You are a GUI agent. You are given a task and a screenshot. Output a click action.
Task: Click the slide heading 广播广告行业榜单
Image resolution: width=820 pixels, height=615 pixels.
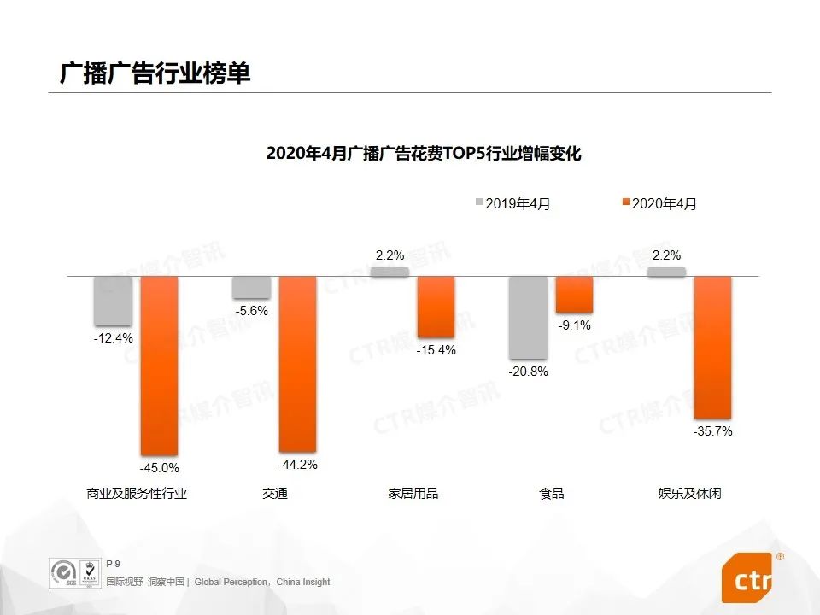(155, 73)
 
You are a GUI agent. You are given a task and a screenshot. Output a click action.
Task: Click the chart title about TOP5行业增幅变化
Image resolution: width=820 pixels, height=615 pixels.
(423, 154)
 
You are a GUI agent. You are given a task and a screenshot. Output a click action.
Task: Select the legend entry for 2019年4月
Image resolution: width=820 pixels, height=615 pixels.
(512, 203)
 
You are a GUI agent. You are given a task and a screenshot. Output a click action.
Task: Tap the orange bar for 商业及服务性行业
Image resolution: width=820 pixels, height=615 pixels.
(159, 365)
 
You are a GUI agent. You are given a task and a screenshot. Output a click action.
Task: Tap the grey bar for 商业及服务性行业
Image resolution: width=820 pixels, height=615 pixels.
(113, 301)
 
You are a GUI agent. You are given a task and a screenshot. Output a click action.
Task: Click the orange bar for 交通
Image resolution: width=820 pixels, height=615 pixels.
(297, 363)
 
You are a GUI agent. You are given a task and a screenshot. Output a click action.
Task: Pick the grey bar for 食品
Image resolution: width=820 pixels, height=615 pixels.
(528, 317)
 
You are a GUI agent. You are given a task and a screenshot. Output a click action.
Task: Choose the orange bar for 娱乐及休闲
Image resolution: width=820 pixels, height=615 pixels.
(712, 347)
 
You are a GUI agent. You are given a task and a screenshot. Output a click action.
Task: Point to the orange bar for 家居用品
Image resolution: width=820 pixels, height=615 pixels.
(436, 307)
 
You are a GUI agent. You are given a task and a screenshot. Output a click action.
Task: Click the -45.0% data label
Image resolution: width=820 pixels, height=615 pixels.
(160, 468)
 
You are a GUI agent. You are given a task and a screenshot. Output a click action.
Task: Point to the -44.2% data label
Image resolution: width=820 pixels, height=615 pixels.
(298, 465)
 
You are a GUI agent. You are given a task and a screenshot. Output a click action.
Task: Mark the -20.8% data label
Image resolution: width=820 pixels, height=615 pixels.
(528, 372)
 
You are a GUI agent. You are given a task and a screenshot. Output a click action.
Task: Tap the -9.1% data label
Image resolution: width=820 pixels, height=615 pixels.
(574, 325)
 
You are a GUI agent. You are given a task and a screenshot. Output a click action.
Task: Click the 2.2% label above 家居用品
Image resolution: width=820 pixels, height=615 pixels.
(389, 255)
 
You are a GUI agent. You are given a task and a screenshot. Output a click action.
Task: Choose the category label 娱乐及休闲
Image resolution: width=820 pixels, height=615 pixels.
(689, 494)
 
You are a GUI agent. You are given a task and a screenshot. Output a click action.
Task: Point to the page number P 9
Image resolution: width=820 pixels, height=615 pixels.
(113, 563)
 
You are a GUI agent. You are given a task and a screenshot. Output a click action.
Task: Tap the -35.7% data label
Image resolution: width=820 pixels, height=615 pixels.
(712, 431)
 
